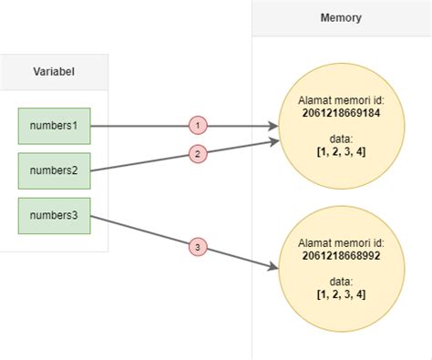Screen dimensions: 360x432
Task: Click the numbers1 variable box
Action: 54,127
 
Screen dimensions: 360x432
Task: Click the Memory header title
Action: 341,17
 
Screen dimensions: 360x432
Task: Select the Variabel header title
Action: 54,72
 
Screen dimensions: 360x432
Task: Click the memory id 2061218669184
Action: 342,113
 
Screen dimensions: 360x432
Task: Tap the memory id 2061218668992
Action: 342,258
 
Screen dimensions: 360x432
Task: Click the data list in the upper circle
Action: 342,151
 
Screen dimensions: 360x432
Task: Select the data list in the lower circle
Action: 342,294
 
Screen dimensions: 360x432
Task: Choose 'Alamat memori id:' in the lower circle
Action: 342,244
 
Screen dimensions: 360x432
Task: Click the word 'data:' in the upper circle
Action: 342,139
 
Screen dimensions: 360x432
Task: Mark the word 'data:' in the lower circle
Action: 342,282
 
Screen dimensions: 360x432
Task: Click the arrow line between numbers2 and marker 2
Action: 137,163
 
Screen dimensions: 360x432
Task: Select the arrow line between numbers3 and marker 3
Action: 137,230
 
